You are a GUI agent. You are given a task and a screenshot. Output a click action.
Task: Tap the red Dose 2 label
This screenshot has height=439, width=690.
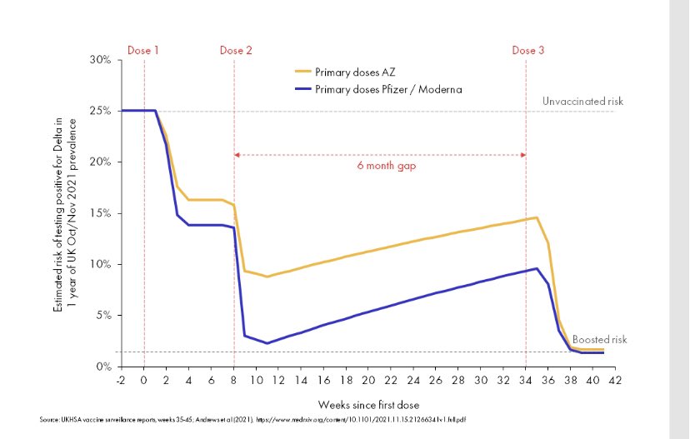pyautogui.click(x=236, y=51)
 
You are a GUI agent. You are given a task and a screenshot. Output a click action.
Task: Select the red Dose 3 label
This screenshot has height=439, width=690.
pyautogui.click(x=528, y=51)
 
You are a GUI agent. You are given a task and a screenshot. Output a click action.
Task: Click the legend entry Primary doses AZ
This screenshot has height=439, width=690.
pyautogui.click(x=347, y=71)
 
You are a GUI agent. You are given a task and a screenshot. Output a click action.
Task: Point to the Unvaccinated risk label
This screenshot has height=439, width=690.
pyautogui.click(x=582, y=102)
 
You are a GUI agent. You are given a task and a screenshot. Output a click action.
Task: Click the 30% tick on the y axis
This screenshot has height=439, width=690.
pyautogui.click(x=102, y=60)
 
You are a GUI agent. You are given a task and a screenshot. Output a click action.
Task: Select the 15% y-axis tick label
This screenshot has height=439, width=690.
pyautogui.click(x=102, y=213)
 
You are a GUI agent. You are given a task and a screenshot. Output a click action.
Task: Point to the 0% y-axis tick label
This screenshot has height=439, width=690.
pyautogui.click(x=104, y=367)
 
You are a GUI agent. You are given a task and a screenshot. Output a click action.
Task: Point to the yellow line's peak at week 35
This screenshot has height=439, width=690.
pyautogui.click(x=537, y=217)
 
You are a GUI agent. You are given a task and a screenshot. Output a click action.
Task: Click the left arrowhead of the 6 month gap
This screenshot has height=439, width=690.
pyautogui.click(x=237, y=155)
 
